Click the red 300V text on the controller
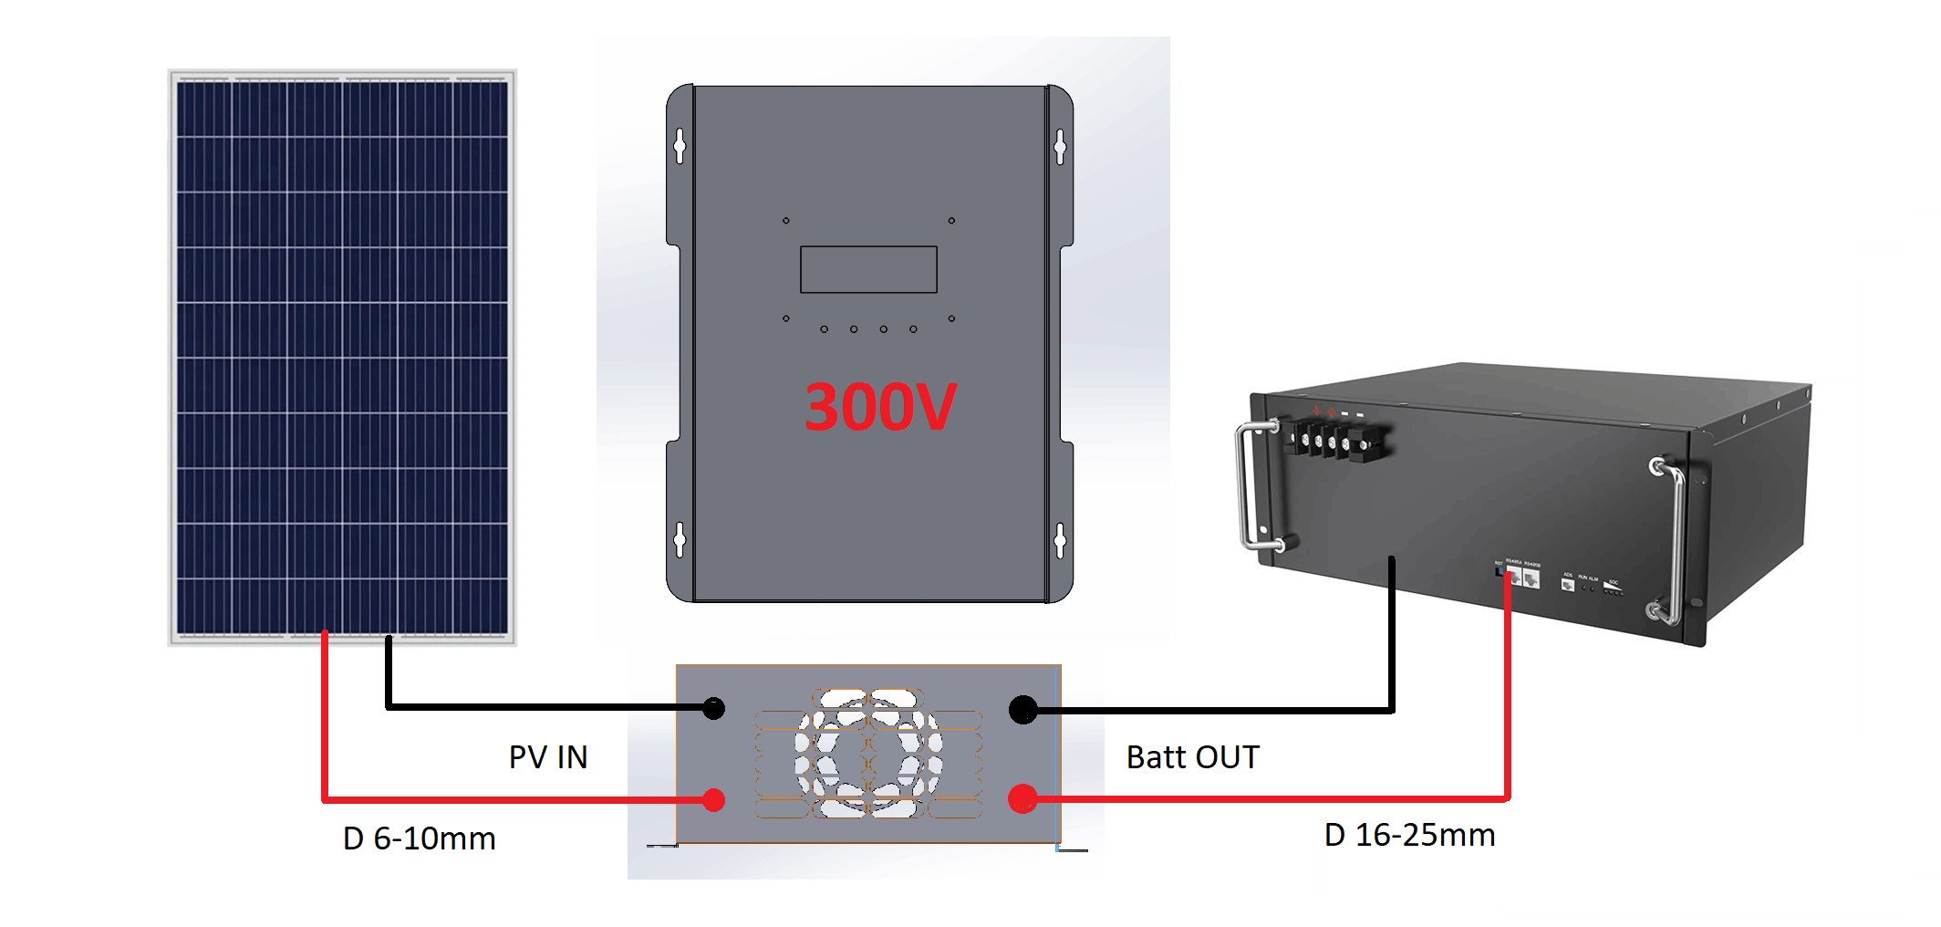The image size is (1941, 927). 880,407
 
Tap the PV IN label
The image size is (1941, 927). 548,757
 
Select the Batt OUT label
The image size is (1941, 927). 1192,757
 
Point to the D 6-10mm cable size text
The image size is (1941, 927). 419,838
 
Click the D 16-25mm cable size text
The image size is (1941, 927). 1409,835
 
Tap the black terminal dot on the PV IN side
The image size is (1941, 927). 714,708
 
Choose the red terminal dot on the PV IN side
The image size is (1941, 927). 714,800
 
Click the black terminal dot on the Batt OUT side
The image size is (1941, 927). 1023,709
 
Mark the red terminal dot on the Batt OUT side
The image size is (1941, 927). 1022,799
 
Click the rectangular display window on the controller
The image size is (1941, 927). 868,269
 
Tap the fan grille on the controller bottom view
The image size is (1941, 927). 868,753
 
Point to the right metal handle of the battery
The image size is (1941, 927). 1673,542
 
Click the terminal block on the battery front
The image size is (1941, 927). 1337,442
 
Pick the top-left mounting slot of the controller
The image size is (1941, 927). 680,146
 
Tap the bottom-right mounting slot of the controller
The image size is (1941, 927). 1059,540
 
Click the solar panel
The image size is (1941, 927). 342,357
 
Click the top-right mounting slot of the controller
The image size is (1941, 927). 1059,146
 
